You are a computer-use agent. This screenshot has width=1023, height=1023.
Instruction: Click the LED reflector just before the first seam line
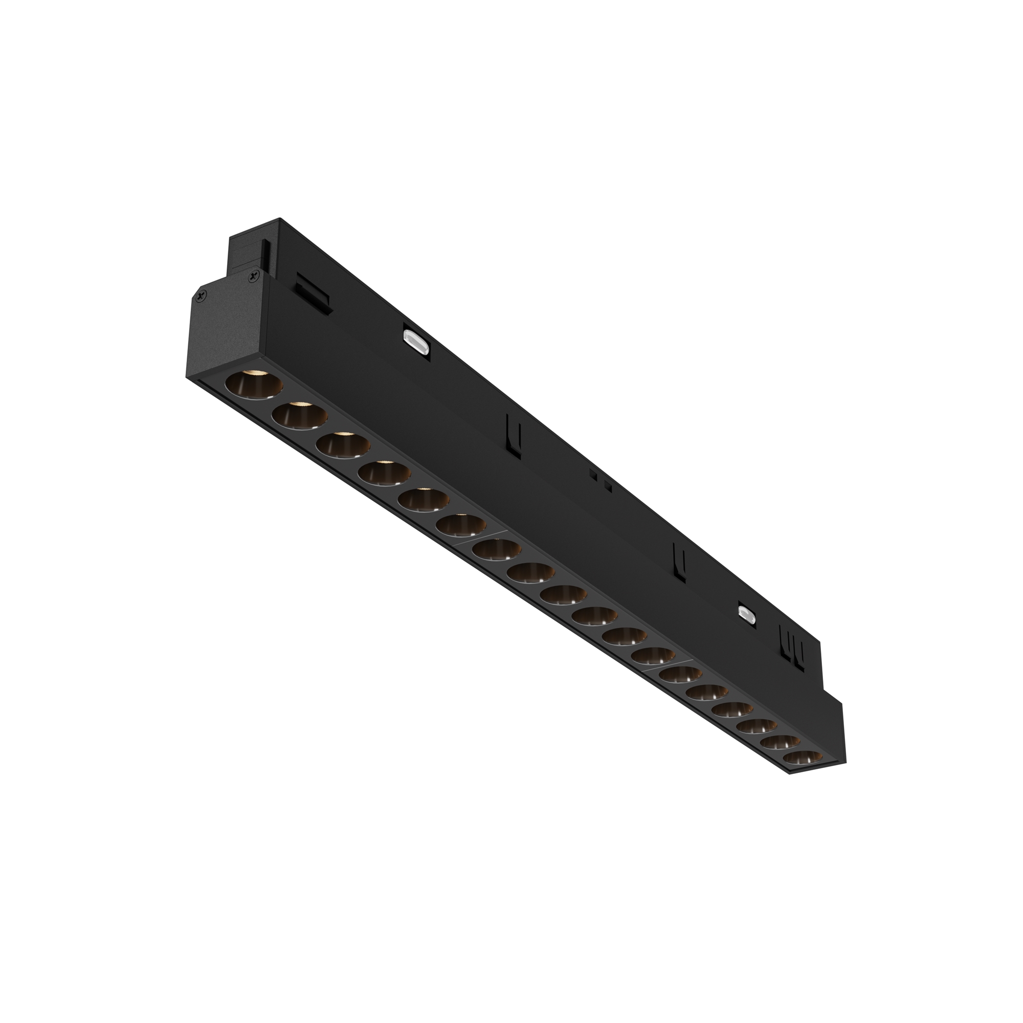click(461, 526)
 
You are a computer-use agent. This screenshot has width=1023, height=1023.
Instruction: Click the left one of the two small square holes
click(593, 476)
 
